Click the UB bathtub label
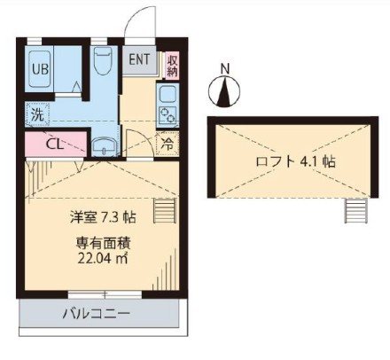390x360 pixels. click(x=40, y=67)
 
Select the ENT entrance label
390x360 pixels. click(x=140, y=60)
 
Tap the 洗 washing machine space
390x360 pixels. click(x=37, y=114)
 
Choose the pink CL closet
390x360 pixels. click(x=53, y=143)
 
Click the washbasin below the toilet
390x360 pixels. click(x=105, y=147)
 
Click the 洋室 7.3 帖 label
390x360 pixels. click(x=103, y=215)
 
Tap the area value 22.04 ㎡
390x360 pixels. click(x=103, y=259)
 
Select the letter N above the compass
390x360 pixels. click(x=225, y=68)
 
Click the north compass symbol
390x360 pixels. click(x=225, y=90)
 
